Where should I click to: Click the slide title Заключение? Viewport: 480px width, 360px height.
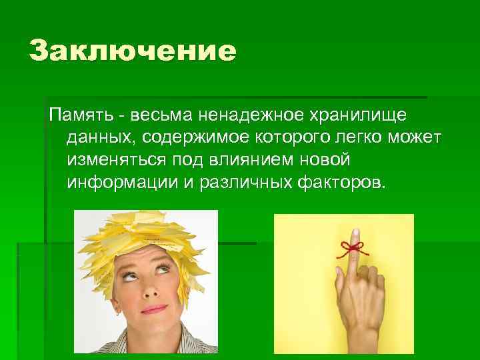click(133, 51)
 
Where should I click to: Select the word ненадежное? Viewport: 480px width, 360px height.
click(247, 117)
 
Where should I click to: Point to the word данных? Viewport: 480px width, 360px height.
click(96, 139)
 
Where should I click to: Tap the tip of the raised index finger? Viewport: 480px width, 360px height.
click(355, 233)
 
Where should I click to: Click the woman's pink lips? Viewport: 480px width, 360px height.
click(155, 309)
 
